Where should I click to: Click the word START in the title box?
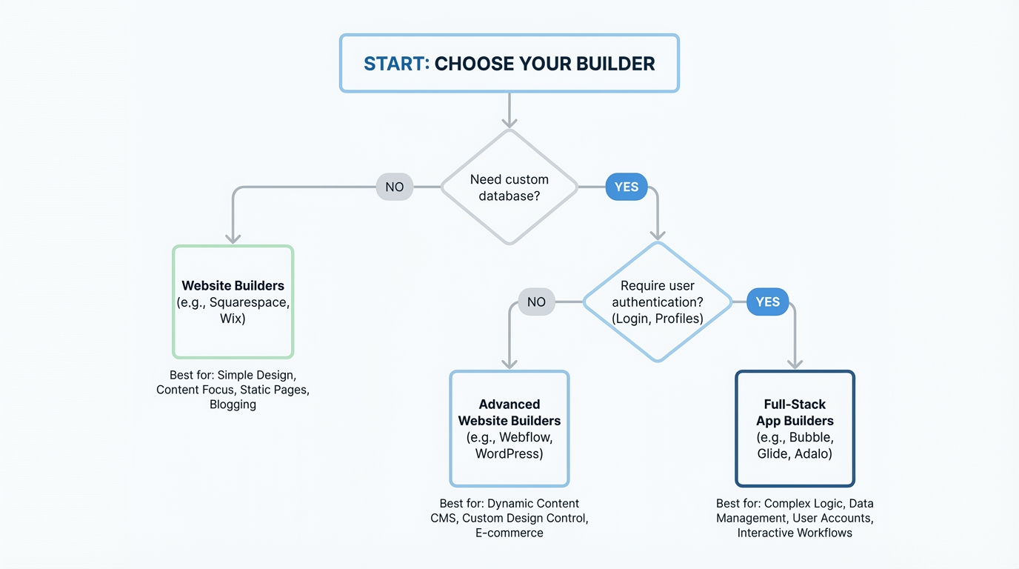click(x=396, y=64)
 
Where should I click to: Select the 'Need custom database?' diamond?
click(x=509, y=187)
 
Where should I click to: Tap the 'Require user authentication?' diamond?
click(x=658, y=302)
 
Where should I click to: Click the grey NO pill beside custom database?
click(x=395, y=187)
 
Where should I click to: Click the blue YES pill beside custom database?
click(x=627, y=187)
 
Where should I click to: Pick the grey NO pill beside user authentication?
click(x=536, y=302)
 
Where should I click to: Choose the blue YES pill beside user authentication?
click(x=768, y=302)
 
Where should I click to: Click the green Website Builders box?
click(x=233, y=302)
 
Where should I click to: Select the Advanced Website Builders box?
click(x=509, y=428)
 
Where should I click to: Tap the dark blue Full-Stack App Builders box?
click(x=795, y=428)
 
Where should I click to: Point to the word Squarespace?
click(x=250, y=302)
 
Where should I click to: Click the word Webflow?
click(x=526, y=437)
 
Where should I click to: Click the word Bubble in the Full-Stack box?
click(x=811, y=437)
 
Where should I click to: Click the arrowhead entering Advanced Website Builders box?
click(x=509, y=364)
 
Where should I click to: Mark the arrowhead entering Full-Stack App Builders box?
click(x=795, y=364)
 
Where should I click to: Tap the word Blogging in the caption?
click(x=233, y=405)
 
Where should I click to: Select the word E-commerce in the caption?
click(x=509, y=533)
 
